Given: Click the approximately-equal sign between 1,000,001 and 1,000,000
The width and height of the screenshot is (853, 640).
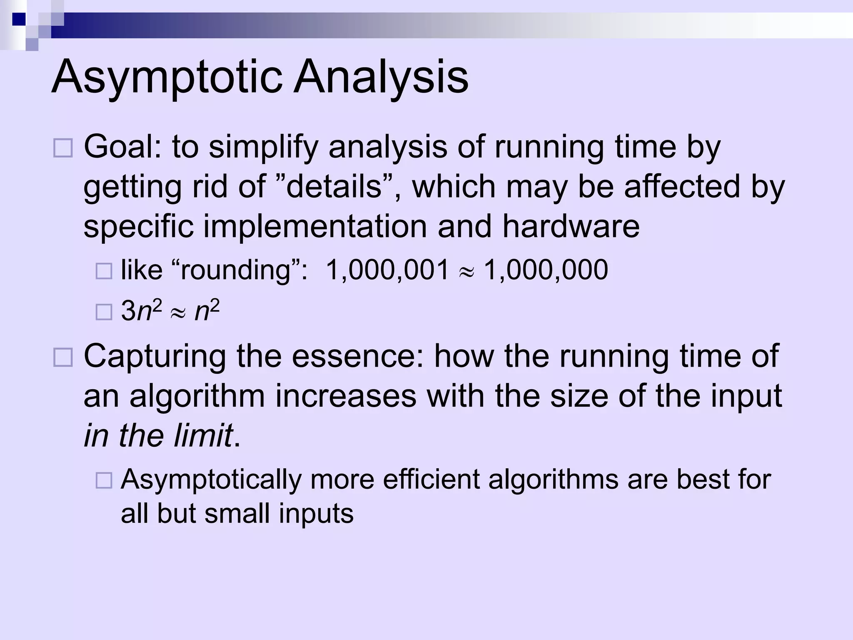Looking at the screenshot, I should point(466,272).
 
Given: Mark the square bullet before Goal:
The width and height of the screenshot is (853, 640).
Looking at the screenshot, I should point(63,148).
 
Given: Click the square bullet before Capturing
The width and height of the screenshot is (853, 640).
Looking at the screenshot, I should point(63,357).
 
